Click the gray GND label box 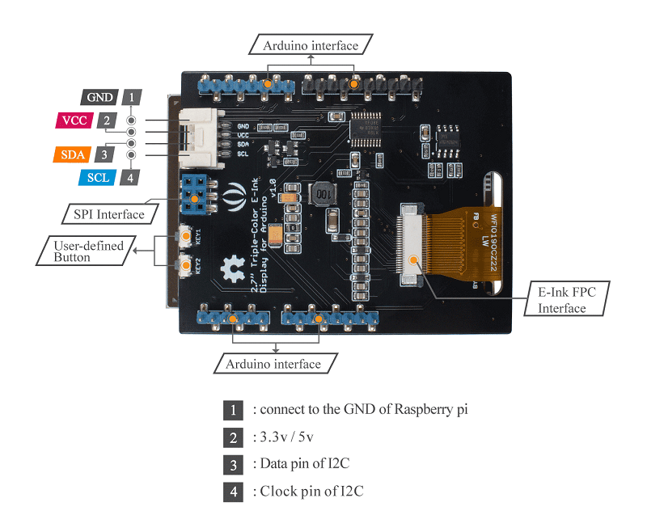[99, 97]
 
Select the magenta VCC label [74, 121]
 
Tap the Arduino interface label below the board [273, 364]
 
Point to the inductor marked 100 [323, 195]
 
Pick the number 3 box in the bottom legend [233, 464]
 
